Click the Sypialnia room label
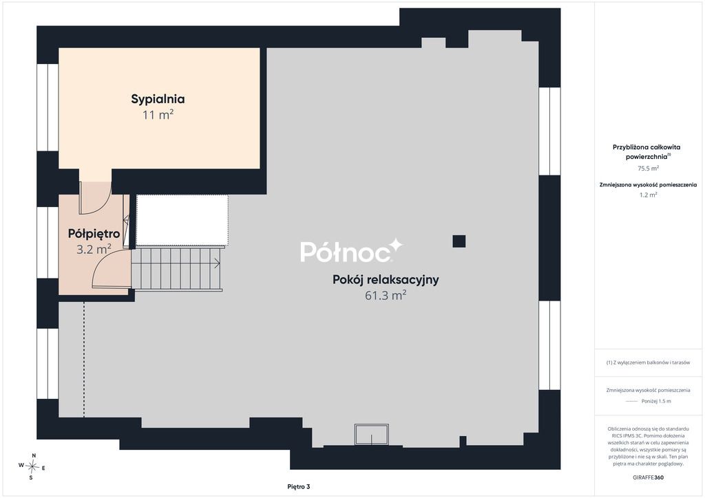coord(158,99)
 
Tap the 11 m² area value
coord(158,115)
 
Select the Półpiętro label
coord(94,233)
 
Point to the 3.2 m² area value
coord(94,249)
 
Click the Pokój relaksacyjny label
coord(386,280)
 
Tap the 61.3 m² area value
coord(386,296)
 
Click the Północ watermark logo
coord(351,250)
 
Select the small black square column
coord(459,241)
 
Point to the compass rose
coord(32,467)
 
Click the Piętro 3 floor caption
coord(299,487)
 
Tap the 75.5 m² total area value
coord(648,169)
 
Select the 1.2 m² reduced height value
coord(648,195)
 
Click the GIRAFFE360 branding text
coord(648,477)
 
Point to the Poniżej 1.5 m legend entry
coord(648,401)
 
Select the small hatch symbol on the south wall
coord(371,434)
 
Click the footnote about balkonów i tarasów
coord(648,362)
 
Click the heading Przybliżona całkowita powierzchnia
coord(646,152)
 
